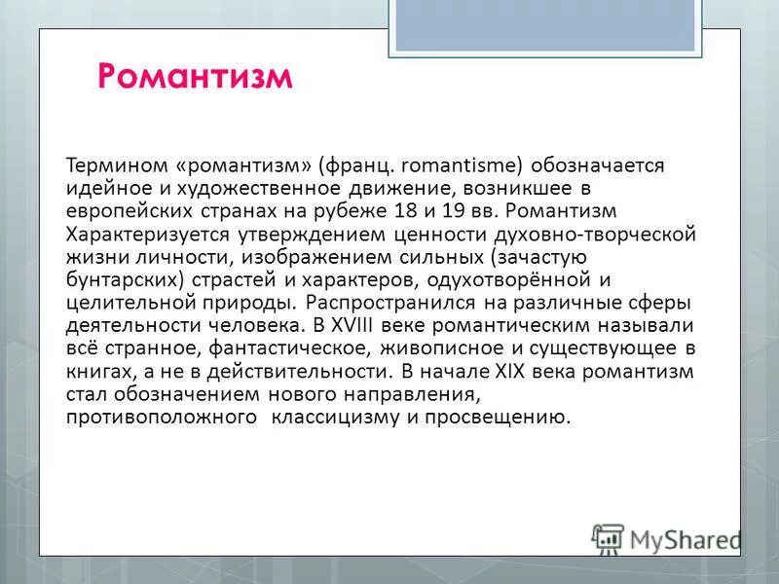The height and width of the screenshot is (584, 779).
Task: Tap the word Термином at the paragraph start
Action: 107,165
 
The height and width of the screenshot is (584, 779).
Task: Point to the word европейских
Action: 119,210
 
